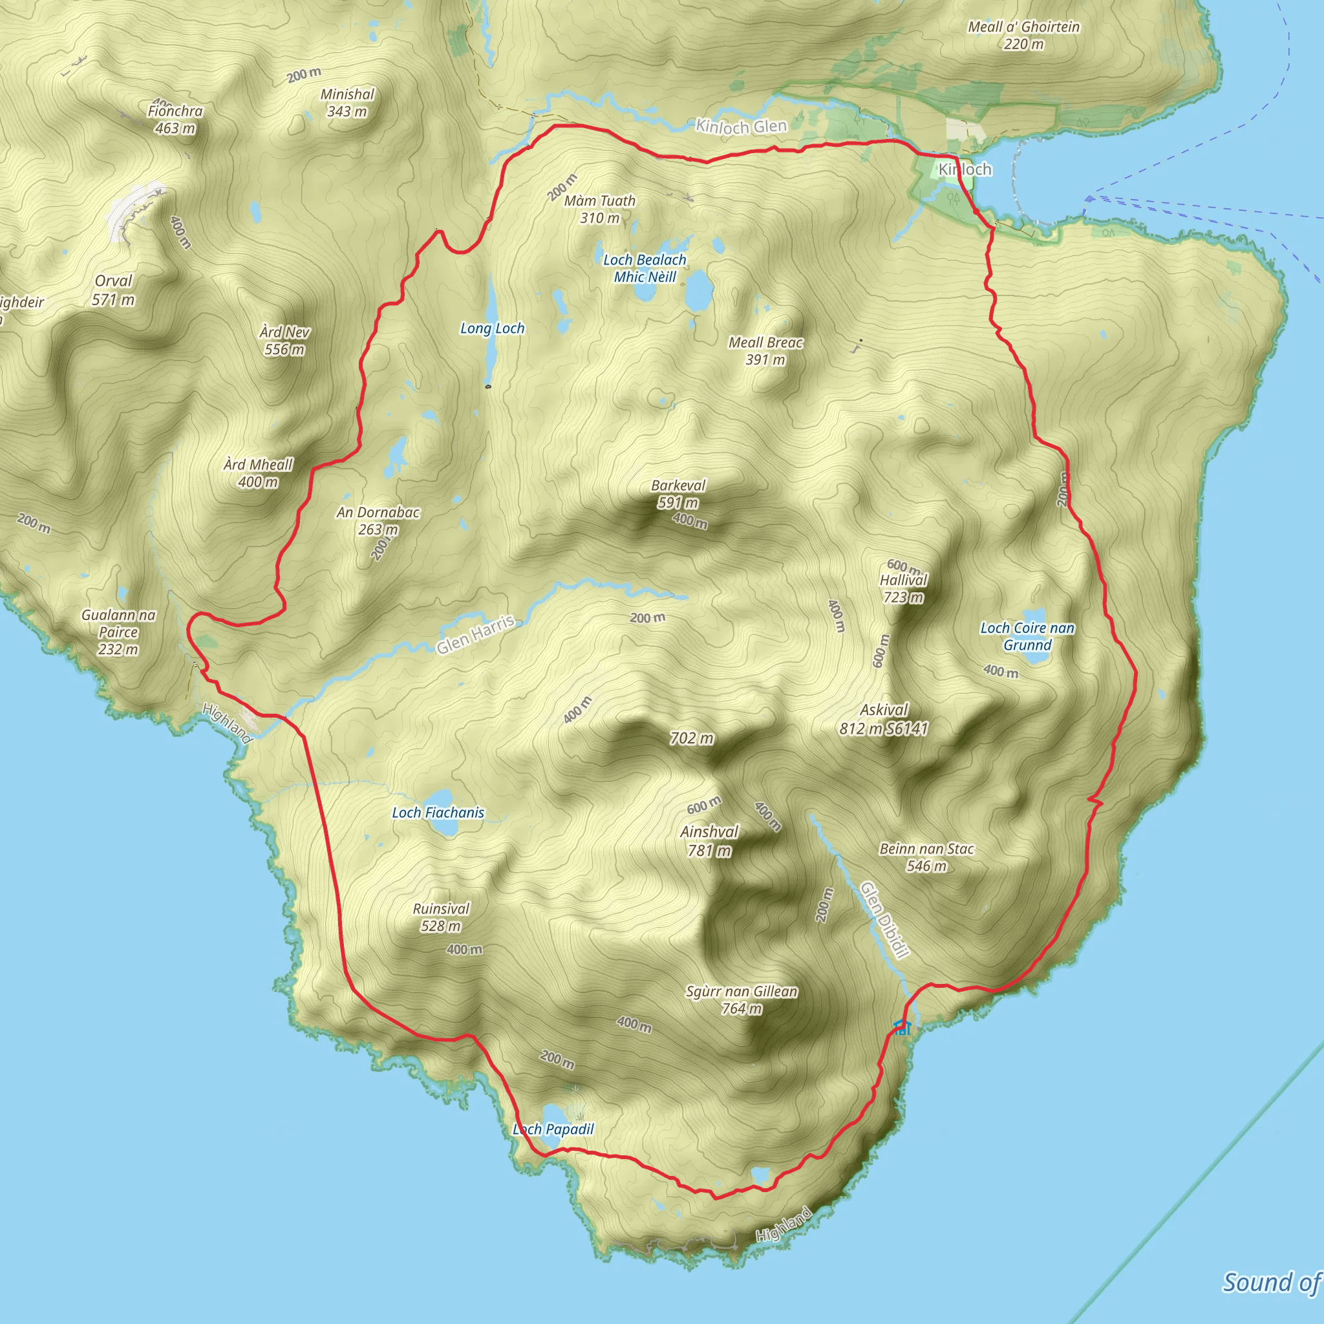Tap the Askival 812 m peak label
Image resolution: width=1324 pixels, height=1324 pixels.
coord(883,719)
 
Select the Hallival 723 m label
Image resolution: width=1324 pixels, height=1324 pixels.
coord(903,588)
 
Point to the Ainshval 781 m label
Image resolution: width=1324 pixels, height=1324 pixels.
coord(709,841)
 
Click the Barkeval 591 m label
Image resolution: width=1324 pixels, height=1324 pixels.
coord(678,493)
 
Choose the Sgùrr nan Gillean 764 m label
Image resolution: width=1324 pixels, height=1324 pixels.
coord(742,1000)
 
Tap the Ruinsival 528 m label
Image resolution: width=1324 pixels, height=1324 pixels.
coord(441,917)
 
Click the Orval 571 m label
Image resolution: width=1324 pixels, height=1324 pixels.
coord(114,290)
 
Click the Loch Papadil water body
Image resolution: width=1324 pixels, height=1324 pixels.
coord(552,1115)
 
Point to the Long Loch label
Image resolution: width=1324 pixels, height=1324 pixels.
coord(492,328)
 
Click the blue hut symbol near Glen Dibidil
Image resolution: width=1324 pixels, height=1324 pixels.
coord(901,1027)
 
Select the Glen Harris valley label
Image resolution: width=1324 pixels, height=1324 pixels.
coord(476,635)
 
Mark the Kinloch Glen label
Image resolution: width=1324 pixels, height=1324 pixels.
coord(741,126)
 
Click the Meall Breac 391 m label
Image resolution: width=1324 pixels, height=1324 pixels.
coord(765,351)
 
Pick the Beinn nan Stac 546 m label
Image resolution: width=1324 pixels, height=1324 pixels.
coord(926,857)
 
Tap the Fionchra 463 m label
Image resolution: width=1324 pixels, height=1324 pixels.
coord(175,119)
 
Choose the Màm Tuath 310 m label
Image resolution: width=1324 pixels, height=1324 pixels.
coord(600,209)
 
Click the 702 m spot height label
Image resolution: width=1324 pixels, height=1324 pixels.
coord(692,738)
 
